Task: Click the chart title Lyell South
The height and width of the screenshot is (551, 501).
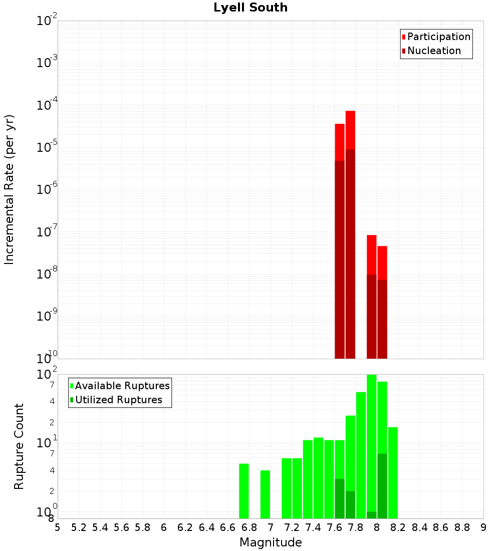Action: tap(250, 8)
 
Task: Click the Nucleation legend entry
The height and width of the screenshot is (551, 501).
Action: tap(433, 51)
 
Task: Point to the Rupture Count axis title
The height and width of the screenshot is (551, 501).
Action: tap(19, 446)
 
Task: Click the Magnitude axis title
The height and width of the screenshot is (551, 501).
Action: tap(271, 542)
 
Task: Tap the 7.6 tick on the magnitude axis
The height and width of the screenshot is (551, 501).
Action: tap(334, 527)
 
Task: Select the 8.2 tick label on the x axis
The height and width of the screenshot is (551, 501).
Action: tap(398, 527)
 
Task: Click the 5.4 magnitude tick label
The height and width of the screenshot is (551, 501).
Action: tap(100, 527)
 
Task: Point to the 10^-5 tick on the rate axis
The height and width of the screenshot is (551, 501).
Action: tap(47, 147)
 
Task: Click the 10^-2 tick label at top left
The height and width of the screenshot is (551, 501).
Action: tap(47, 21)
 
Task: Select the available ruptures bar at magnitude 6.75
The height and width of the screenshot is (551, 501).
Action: tap(244, 491)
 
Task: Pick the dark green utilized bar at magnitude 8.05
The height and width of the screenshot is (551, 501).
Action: tap(382, 486)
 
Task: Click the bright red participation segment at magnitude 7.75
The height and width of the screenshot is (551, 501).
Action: tap(350, 130)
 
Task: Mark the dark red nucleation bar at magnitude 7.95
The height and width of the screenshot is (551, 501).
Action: tap(371, 316)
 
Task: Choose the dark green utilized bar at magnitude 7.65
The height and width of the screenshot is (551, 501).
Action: tap(340, 498)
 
